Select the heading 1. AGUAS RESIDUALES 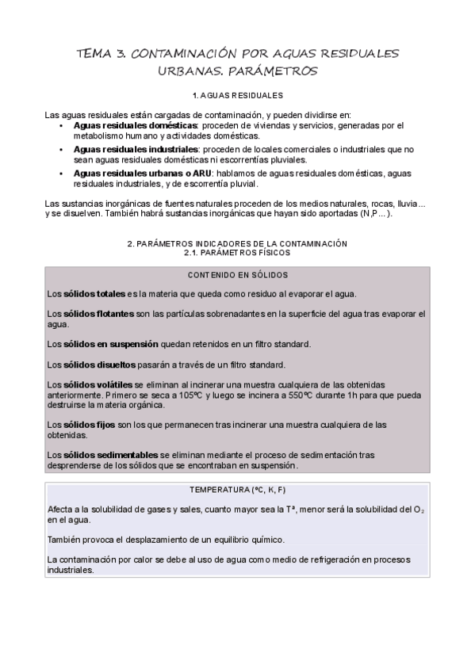237,95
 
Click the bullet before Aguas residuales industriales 63,149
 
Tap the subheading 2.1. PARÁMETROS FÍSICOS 237,253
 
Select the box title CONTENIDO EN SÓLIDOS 237,275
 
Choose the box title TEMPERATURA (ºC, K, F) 237,489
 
